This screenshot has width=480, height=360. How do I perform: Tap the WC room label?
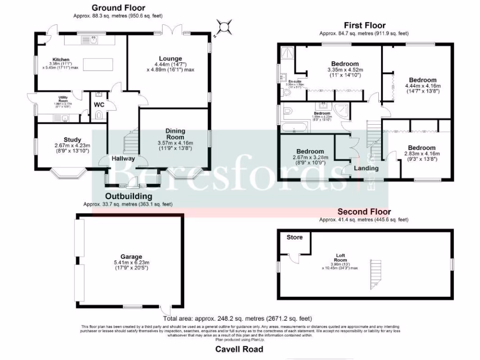pyautogui.click(x=99, y=105)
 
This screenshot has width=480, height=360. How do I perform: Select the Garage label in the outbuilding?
pyautogui.click(x=131, y=256)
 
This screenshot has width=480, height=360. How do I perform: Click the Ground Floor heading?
pyautogui.click(x=118, y=7)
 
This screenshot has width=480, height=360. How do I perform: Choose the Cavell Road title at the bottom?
pyautogui.click(x=239, y=349)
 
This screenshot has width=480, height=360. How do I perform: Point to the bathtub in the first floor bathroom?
pyautogui.click(x=294, y=127)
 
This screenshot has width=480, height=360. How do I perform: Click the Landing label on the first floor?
pyautogui.click(x=366, y=168)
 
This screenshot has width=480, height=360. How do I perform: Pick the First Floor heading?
pyautogui.click(x=365, y=25)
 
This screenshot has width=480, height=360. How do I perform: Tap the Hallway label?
pyautogui.click(x=123, y=158)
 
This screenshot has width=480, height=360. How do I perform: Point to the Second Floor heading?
pyautogui.click(x=364, y=212)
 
